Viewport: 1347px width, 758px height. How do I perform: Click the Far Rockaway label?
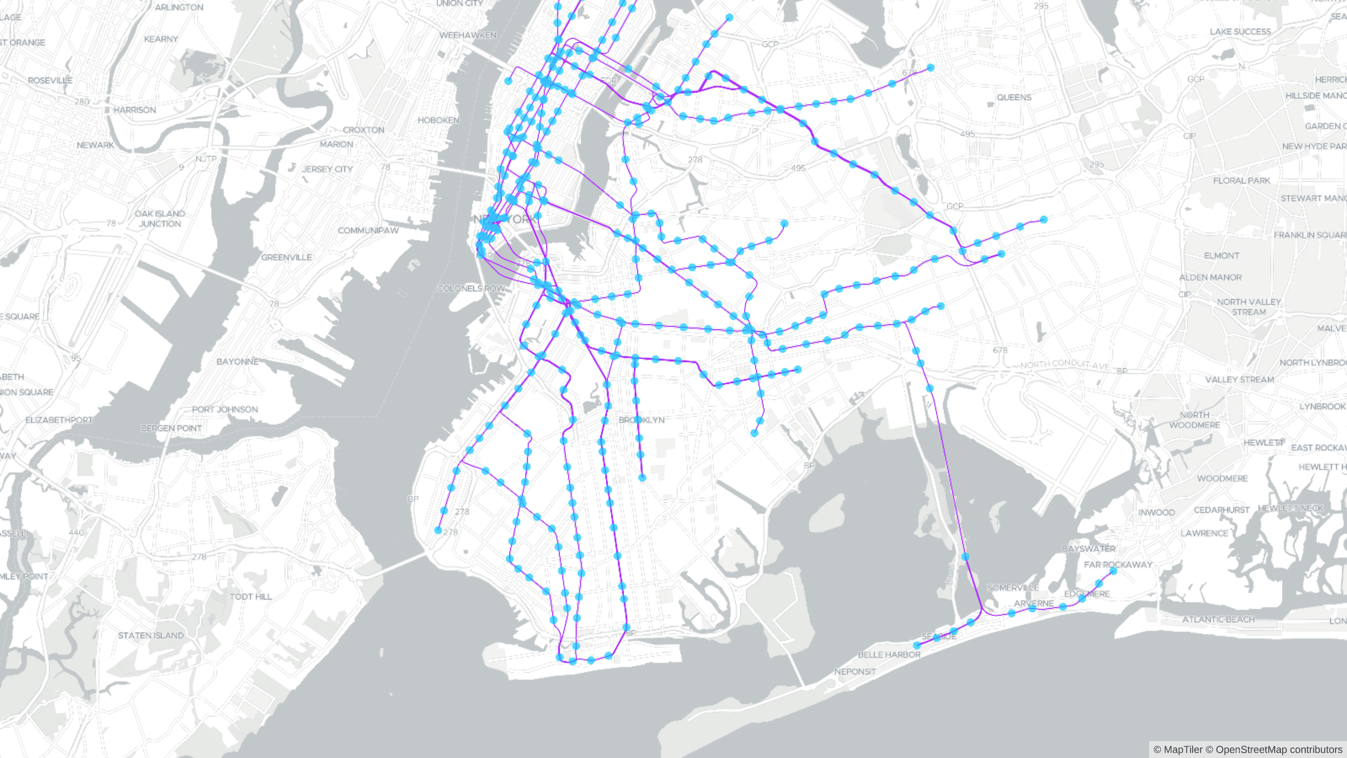[x=1118, y=564]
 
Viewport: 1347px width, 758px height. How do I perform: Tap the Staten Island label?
[x=151, y=635]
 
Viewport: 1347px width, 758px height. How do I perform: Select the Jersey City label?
[x=327, y=169]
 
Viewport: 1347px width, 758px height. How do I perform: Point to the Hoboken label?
[x=438, y=120]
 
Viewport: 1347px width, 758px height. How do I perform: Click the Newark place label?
[x=95, y=145]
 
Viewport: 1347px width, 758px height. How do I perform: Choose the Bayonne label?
[x=237, y=361]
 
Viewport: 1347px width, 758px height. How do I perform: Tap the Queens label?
[x=1014, y=97]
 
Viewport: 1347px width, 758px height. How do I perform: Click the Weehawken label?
[x=468, y=35]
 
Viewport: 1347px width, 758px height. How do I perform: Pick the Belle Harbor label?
[x=889, y=654]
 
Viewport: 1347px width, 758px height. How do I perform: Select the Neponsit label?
[x=855, y=672]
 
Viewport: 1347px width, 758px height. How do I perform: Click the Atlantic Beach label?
[x=1218, y=619]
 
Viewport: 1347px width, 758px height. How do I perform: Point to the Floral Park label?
[x=1241, y=181]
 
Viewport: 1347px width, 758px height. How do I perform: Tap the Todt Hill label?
[x=250, y=596]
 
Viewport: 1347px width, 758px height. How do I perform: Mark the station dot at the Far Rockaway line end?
[x=1113, y=571]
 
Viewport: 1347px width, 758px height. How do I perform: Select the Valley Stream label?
[x=1239, y=379]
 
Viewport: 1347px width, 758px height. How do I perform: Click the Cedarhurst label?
[x=1222, y=510]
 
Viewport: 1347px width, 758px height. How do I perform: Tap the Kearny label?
[x=161, y=39]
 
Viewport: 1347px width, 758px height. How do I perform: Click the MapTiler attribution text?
[x=1178, y=750]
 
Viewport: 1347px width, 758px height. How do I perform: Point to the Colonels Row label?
[x=471, y=288]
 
